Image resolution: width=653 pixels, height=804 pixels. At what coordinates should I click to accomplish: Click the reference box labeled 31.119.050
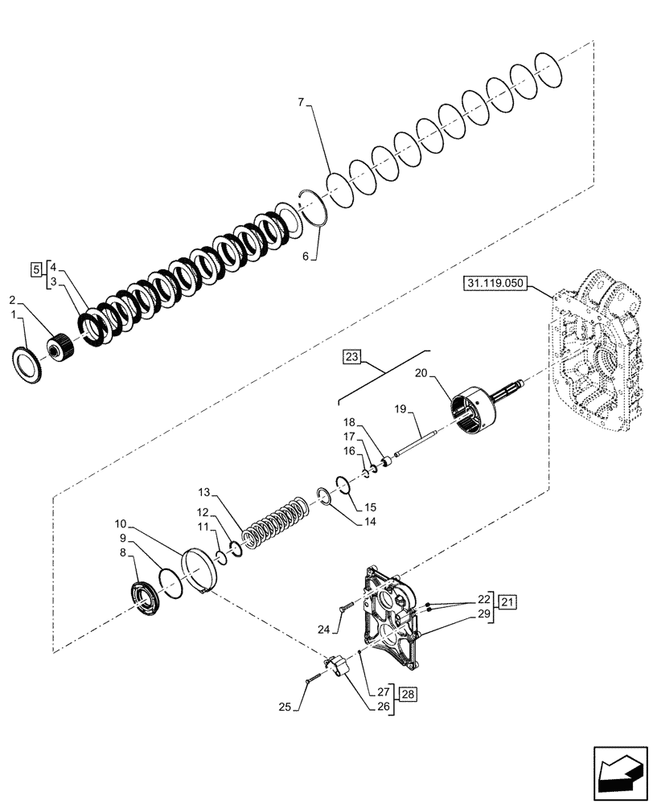[x=499, y=284]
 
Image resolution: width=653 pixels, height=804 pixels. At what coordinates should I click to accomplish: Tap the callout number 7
[x=300, y=103]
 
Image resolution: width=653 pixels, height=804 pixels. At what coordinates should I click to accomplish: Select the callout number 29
[x=482, y=613]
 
